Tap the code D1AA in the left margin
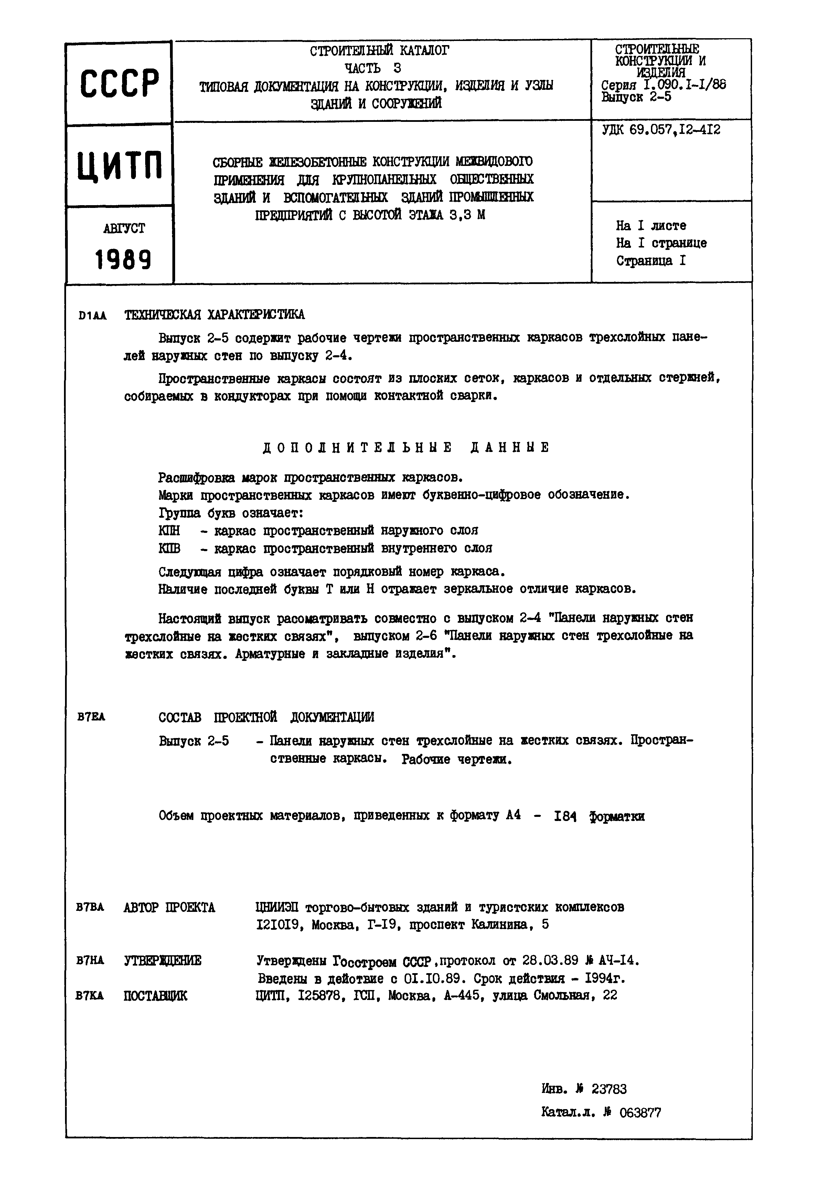pos(92,316)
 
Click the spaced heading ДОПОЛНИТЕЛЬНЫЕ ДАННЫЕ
pos(406,448)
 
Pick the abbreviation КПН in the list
pos(169,530)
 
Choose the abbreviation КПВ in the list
pos(169,548)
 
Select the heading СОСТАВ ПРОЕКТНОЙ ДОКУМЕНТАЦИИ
pos(266,717)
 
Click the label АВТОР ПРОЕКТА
pos(169,907)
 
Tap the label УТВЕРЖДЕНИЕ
pos(162,960)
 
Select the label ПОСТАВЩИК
pos(156,996)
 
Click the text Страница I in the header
pos(651,261)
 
